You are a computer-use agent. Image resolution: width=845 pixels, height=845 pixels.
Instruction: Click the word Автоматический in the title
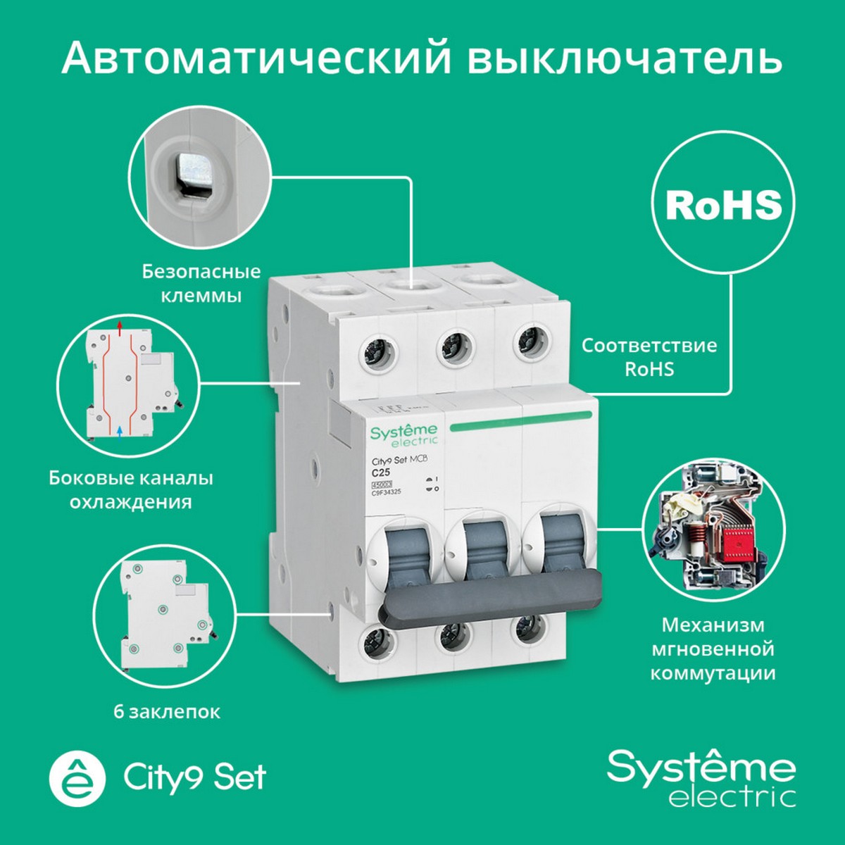point(256,58)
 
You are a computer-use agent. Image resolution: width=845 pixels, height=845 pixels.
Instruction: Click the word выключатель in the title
point(625,58)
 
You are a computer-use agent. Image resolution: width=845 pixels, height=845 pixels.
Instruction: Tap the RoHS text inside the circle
point(723,204)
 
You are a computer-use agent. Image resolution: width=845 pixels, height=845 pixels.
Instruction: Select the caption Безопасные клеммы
point(201,283)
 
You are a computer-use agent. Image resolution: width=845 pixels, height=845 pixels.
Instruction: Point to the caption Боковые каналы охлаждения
point(131,489)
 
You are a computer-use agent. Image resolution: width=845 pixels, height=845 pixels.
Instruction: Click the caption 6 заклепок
point(167,712)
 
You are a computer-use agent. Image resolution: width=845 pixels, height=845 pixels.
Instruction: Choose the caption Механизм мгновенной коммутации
point(713,649)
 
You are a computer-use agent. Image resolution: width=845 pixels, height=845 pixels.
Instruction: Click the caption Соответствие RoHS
point(649,357)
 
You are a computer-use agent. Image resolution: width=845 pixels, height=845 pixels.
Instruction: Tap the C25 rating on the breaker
point(381,472)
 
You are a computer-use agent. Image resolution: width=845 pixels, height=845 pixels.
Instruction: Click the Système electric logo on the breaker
point(403,434)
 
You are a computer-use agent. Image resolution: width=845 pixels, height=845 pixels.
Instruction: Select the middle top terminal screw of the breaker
point(451,347)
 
